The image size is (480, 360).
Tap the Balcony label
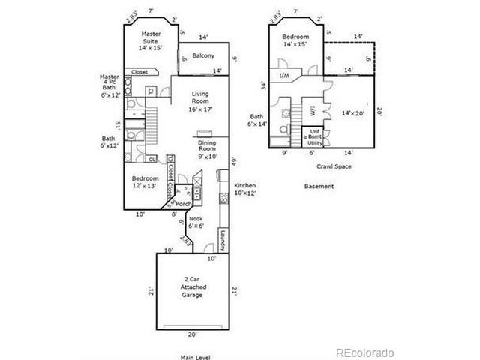tap(203, 56)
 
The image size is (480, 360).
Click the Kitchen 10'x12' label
tap(245, 189)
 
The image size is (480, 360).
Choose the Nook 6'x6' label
tap(196, 221)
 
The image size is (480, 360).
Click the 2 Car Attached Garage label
tap(193, 287)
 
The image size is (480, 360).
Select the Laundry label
tap(223, 240)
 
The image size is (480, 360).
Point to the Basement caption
tap(319, 185)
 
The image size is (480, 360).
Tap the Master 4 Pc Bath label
tap(110, 86)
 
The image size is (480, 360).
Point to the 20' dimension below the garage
tap(193, 334)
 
